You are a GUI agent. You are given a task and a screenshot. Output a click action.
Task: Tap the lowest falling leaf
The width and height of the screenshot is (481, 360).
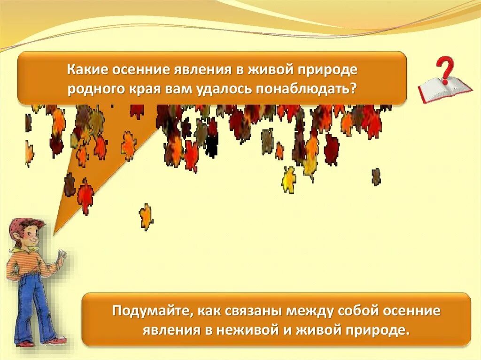pos(146,217)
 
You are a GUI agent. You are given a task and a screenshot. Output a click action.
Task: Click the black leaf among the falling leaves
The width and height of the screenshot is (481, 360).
pos(212,146)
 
